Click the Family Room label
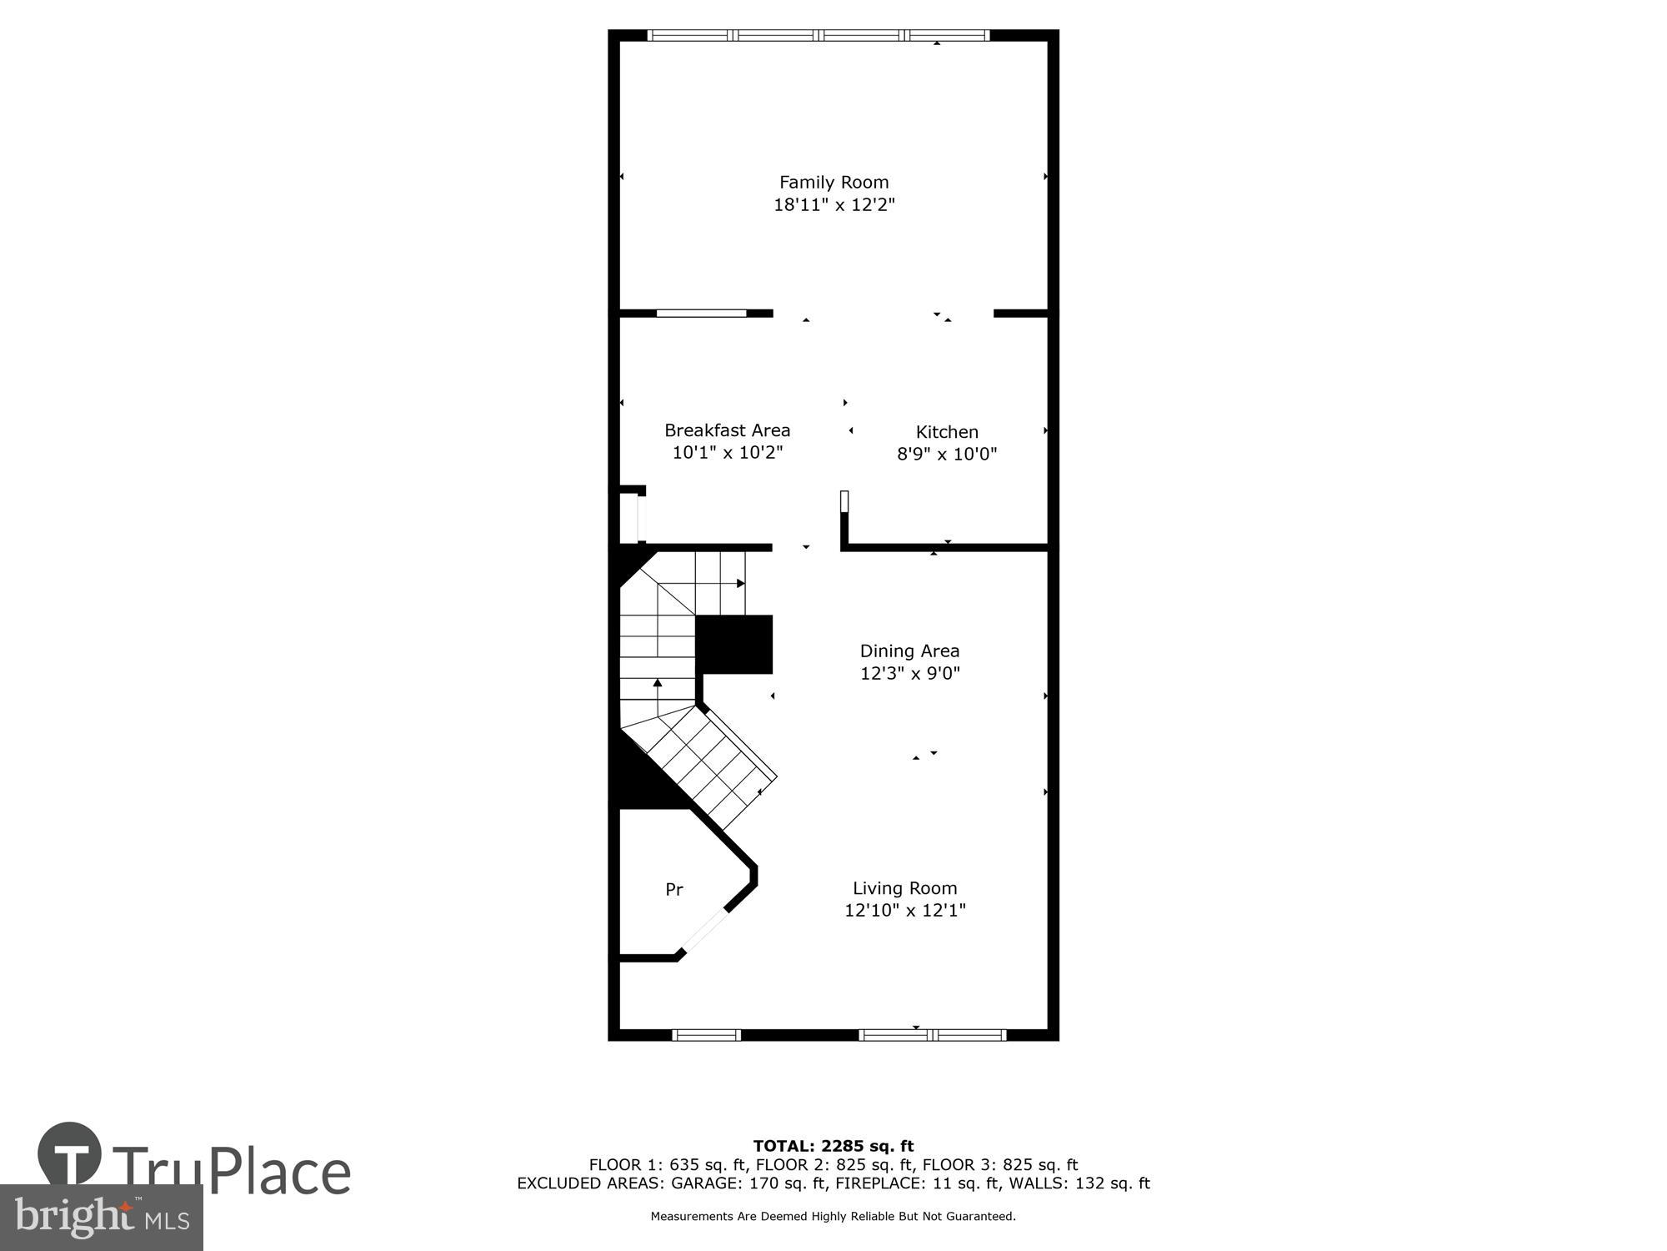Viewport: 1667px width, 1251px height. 833,182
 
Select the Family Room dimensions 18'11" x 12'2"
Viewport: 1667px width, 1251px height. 833,205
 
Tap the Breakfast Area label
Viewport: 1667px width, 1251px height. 727,430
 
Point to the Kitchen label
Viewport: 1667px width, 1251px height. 947,432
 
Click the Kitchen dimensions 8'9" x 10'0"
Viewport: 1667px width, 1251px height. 947,455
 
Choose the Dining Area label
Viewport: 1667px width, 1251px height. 909,651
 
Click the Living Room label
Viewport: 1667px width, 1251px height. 904,888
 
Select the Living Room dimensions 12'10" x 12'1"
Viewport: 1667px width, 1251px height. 904,911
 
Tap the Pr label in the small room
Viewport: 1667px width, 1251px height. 674,890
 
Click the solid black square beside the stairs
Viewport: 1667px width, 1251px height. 733,644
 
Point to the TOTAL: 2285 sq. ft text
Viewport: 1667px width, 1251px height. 833,1146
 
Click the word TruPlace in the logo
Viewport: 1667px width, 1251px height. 231,1171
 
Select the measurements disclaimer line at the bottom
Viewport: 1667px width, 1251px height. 833,1217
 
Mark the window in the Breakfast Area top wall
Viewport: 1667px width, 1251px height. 701,314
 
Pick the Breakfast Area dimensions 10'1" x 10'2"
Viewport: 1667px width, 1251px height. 727,453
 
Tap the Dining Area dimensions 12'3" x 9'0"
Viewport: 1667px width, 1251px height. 909,673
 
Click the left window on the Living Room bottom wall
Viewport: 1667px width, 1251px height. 706,1035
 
